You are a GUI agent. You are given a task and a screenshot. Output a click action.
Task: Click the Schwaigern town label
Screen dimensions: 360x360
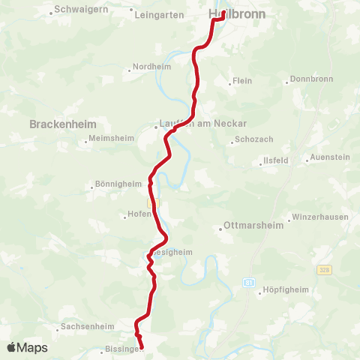tap(80, 12)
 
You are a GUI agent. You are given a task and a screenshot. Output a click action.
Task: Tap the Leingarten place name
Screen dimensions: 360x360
tap(160, 14)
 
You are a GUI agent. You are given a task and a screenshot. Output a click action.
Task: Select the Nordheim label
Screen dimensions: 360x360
tap(153, 66)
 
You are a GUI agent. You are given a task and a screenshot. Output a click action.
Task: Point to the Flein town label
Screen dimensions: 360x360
tap(241, 81)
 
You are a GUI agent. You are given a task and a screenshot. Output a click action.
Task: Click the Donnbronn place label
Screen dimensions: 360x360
tap(310, 79)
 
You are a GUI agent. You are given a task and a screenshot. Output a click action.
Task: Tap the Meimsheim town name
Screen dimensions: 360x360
tap(110, 138)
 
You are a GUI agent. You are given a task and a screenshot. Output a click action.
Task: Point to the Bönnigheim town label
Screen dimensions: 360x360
tap(118, 184)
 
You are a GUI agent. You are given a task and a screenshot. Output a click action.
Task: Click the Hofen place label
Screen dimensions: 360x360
tap(139, 216)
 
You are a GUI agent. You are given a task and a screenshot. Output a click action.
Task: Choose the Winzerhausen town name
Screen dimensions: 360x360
tap(321, 216)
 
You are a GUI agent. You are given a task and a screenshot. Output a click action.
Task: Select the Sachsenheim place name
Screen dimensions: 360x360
tap(88, 327)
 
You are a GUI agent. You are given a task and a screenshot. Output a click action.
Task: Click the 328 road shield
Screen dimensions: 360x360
tap(323, 268)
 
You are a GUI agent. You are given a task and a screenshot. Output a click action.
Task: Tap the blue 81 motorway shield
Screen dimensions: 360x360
tap(247, 281)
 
